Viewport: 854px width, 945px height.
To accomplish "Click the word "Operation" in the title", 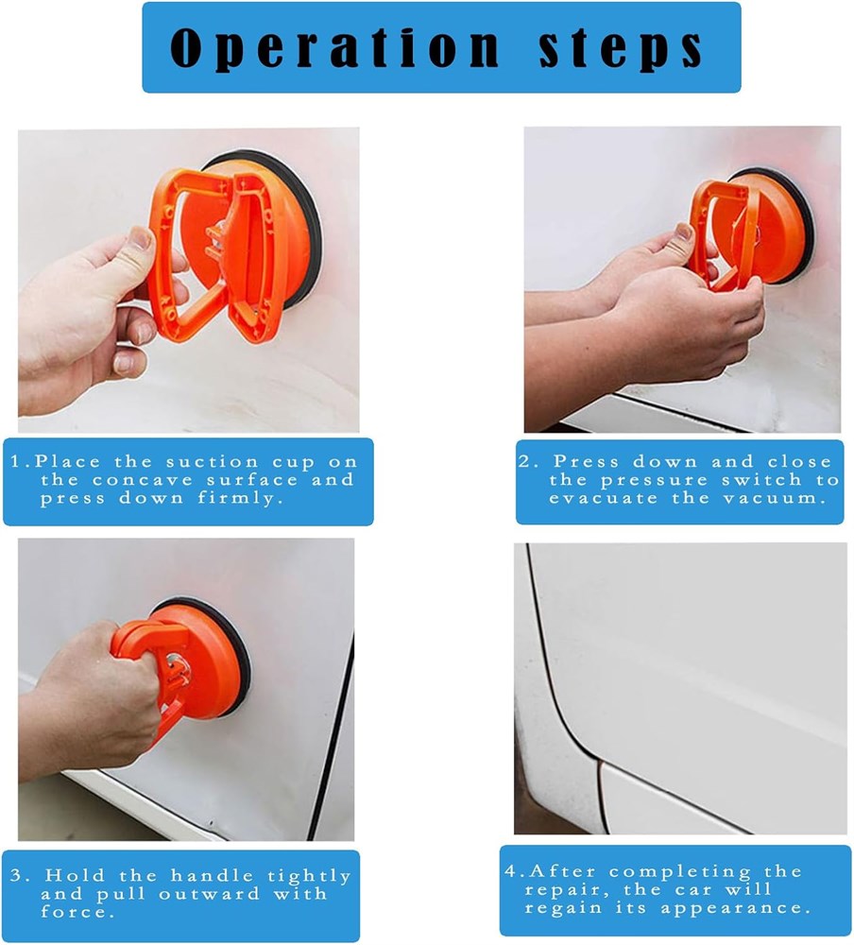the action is tap(335, 47).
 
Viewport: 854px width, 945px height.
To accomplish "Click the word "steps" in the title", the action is tap(621, 47).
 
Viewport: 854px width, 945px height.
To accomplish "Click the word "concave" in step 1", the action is tap(144, 480).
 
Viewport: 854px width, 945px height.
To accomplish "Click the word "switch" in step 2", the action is tap(762, 480).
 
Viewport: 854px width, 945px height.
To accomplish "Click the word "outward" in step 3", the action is tap(210, 893).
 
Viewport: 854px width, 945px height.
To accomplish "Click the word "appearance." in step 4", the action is tap(736, 909).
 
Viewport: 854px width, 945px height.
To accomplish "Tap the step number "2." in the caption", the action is tap(529, 462).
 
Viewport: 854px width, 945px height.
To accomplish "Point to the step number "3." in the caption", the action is tap(19, 875).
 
